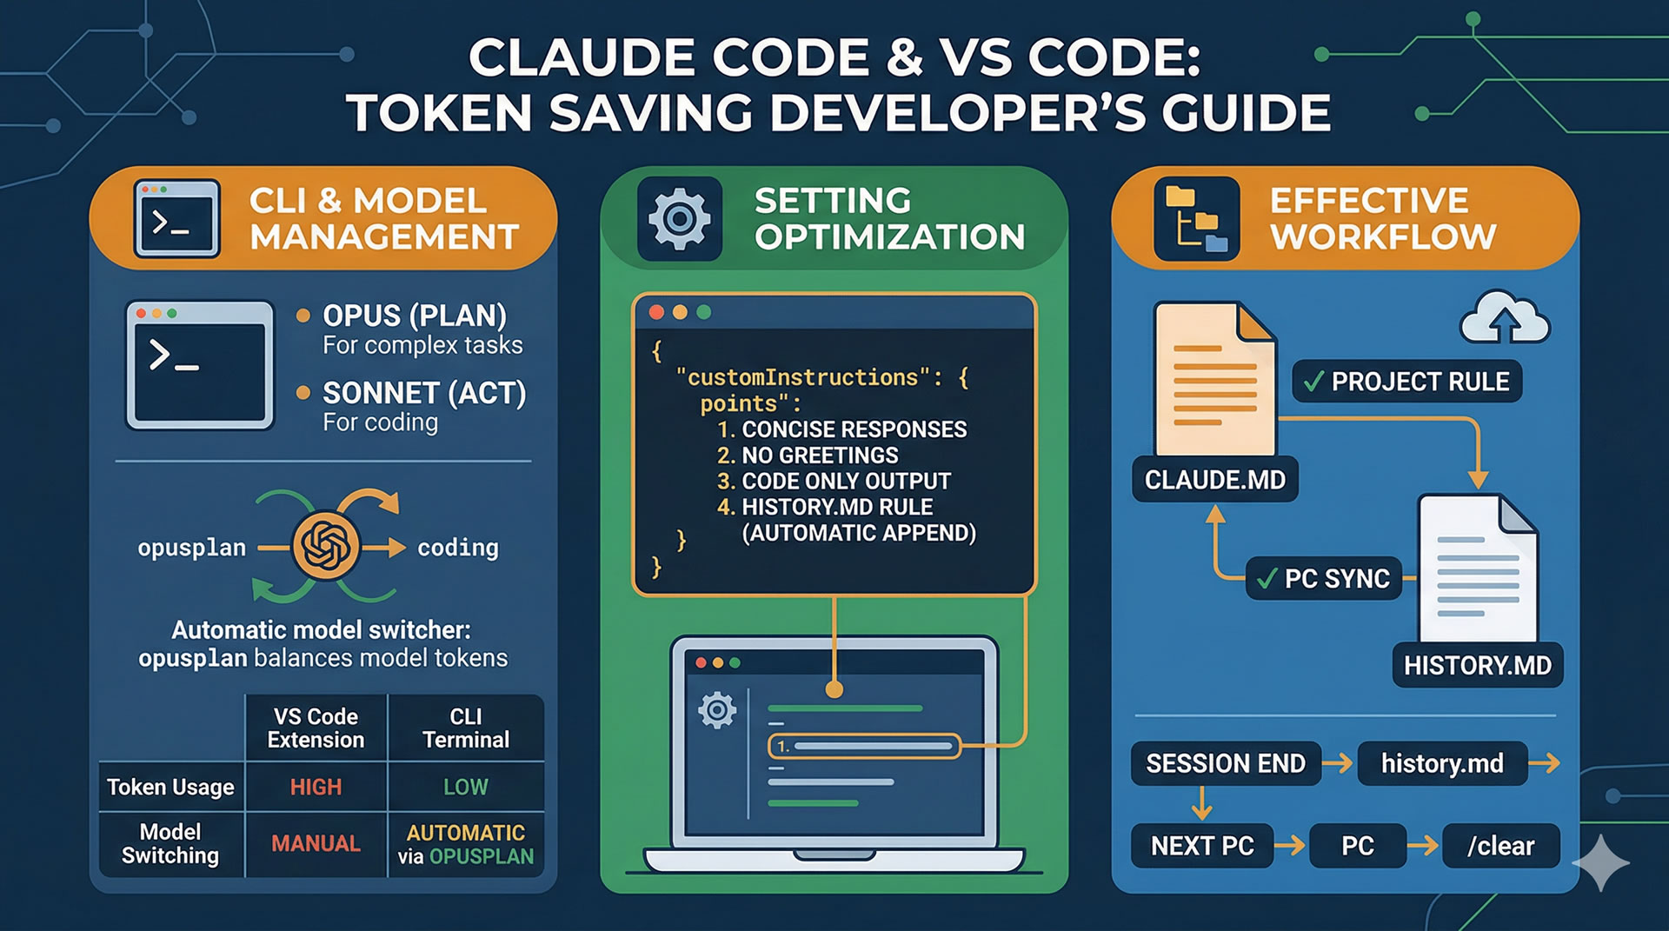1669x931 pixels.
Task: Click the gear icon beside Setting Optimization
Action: (680, 218)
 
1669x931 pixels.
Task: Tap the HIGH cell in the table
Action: (316, 788)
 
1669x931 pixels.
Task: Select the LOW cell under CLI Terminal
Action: (466, 788)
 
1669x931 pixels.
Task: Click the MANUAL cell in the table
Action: (316, 843)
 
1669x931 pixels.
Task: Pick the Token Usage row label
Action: (170, 788)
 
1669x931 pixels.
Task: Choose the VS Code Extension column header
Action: (316, 728)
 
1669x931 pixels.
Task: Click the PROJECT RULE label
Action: (1407, 382)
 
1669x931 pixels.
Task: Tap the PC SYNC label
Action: (1324, 579)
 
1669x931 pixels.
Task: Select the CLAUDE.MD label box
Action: (1214, 480)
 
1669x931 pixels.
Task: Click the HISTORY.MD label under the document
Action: (1477, 666)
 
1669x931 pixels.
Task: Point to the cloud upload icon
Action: (1505, 319)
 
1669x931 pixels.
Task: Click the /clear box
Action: (1500, 846)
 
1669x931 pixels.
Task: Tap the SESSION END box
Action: (1226, 764)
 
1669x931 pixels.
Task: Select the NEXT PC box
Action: (1202, 846)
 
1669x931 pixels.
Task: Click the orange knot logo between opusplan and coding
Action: (326, 546)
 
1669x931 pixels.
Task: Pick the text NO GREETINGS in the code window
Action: (819, 456)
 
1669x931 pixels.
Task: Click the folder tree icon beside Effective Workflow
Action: (1196, 219)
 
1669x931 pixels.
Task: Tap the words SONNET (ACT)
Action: (424, 394)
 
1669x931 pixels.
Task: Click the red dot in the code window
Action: (656, 312)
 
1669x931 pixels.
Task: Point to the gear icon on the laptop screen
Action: (717, 710)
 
